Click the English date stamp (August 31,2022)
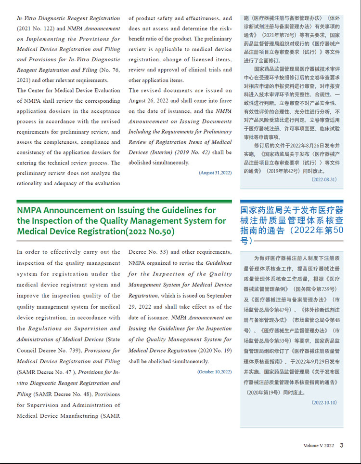point(215,173)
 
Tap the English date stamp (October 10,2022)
point(214,372)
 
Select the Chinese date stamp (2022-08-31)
point(324,179)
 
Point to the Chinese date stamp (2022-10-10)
point(324,402)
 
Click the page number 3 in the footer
point(341,445)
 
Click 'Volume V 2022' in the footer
point(318,446)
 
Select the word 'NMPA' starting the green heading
point(29,210)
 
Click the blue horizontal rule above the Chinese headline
point(291,201)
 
